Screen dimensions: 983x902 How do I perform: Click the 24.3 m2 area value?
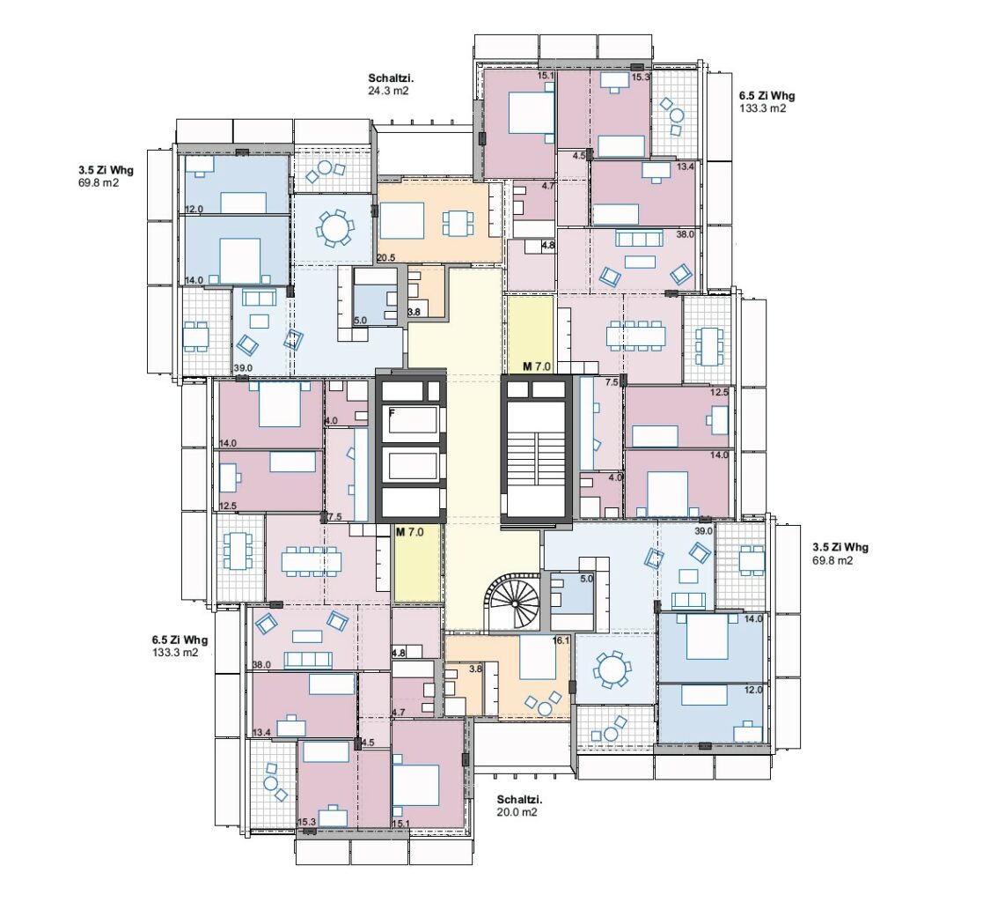(x=388, y=91)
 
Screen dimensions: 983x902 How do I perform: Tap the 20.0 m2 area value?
(x=517, y=811)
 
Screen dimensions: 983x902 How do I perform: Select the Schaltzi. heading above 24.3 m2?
(x=391, y=78)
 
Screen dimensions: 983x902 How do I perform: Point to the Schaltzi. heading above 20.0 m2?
(x=520, y=800)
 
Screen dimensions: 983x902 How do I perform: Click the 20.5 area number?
(x=386, y=258)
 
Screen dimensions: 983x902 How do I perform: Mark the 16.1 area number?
(x=561, y=641)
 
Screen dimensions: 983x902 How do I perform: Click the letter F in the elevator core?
(x=392, y=413)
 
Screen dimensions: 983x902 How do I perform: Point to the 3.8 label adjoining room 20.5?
(x=414, y=312)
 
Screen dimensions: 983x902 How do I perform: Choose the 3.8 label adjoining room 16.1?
(x=476, y=669)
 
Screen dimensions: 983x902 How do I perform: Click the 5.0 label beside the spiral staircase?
(x=586, y=579)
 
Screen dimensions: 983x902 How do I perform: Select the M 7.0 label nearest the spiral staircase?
(x=410, y=532)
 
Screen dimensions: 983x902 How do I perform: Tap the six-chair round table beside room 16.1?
(x=609, y=671)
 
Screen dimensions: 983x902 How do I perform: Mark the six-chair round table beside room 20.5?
(x=334, y=227)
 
